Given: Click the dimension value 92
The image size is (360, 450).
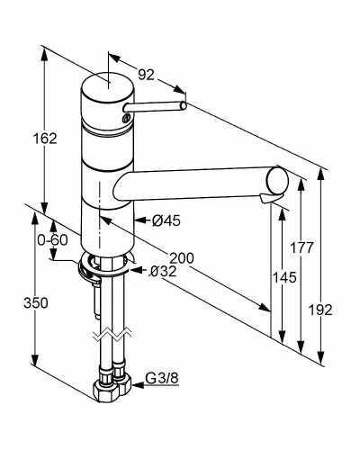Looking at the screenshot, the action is [146, 75].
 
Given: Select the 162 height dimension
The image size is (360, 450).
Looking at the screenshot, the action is [45, 139].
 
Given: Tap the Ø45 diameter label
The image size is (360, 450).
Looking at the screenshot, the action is [166, 221].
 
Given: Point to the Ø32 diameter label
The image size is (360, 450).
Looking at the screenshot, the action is [163, 272].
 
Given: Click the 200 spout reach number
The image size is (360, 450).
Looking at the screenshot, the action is [182, 257].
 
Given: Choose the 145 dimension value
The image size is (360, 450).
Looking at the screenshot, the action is [284, 277].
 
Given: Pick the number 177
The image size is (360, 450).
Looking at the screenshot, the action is [301, 247].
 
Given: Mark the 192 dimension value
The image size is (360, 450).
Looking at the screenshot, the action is [320, 310].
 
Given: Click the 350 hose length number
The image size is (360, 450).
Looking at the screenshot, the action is [36, 303].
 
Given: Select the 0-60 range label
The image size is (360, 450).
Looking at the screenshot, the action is [52, 240].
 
